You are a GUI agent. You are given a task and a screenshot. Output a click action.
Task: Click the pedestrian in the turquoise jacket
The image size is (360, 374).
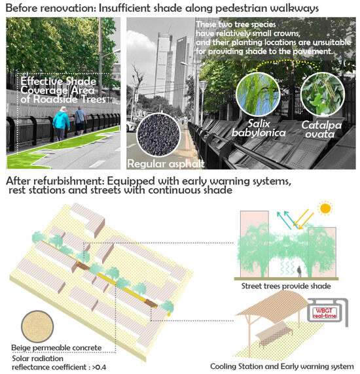pyautogui.click(x=61, y=124)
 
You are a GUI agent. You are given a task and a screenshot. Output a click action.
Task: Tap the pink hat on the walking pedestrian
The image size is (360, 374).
pyautogui.click(x=63, y=109)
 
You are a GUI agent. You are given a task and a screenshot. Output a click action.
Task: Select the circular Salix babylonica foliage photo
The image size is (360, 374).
pyautogui.click(x=258, y=94)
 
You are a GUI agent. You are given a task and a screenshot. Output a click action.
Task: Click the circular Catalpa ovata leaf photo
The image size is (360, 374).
pyautogui.click(x=323, y=94)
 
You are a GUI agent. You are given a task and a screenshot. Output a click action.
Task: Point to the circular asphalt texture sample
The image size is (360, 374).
pyautogui.click(x=158, y=135)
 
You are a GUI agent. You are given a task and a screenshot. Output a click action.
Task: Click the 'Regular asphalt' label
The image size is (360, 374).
pyautogui.click(x=166, y=164)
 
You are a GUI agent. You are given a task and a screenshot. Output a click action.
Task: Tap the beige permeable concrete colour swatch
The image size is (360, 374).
pyautogui.click(x=37, y=326)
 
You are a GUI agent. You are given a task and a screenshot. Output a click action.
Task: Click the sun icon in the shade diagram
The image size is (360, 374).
pyautogui.click(x=325, y=208)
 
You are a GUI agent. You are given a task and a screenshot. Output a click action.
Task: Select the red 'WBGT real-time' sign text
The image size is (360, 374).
pyautogui.click(x=325, y=313)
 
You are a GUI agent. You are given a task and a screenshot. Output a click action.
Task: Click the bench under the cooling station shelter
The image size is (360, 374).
pyautogui.click(x=274, y=333)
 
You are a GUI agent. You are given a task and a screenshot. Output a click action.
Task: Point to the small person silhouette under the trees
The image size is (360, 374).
pyautogui.click(x=299, y=272)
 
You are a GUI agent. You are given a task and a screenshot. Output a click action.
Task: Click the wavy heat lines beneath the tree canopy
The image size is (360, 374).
pyautogui.click(x=287, y=267)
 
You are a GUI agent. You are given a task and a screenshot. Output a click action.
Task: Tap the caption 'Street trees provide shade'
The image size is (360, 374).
pyautogui.click(x=286, y=286)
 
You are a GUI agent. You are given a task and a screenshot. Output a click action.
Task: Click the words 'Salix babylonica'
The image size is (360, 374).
pyautogui.click(x=259, y=128)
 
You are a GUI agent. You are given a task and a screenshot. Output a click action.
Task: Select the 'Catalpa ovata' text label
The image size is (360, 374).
pyautogui.click(x=321, y=129)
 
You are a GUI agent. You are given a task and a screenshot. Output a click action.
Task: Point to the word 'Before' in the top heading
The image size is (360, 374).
pyautogui.click(x=21, y=8)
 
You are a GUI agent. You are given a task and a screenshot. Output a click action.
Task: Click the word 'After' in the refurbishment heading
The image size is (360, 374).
pyautogui.click(x=18, y=181)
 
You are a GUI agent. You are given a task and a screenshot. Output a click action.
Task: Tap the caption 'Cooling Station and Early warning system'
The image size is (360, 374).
pyautogui.click(x=282, y=367)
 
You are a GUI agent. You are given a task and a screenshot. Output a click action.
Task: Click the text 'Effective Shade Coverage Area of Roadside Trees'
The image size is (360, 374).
pyautogui.click(x=63, y=90)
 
